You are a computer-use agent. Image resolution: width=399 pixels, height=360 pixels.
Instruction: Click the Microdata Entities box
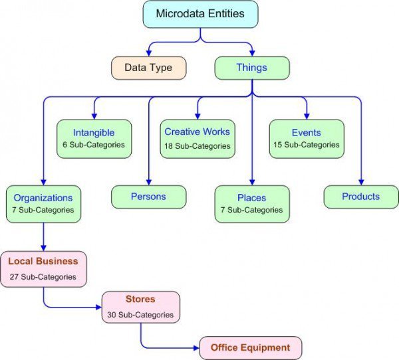click(x=200, y=14)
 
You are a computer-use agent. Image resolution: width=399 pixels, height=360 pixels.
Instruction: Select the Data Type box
click(x=148, y=68)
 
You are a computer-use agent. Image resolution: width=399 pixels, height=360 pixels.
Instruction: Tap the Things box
click(x=251, y=68)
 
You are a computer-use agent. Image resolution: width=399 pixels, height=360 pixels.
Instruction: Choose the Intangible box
click(x=94, y=138)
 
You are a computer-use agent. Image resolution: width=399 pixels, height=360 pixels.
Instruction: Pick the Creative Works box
click(x=198, y=138)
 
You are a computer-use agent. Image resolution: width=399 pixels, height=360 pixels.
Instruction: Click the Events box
click(x=306, y=138)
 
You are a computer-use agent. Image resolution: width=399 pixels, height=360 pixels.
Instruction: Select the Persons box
click(x=148, y=197)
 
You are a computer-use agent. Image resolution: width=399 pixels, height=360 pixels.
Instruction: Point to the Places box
click(x=251, y=203)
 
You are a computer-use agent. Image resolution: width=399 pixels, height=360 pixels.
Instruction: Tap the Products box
click(x=361, y=197)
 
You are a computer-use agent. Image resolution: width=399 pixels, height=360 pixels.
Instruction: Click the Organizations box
click(x=43, y=203)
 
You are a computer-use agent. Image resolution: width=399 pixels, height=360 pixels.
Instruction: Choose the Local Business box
click(x=43, y=268)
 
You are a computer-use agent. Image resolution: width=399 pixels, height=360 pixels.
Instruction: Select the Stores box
click(x=140, y=307)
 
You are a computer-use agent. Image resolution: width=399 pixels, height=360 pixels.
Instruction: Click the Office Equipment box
click(x=251, y=347)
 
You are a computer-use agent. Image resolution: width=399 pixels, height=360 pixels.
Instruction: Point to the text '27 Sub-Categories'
click(x=43, y=276)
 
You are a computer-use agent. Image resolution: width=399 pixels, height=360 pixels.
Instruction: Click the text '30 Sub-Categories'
click(x=140, y=314)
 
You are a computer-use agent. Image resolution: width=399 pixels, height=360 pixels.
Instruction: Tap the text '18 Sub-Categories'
click(x=198, y=146)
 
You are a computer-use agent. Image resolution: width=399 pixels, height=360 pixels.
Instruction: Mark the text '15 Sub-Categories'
click(x=306, y=145)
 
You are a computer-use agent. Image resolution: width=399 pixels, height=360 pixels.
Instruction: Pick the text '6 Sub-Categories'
click(x=94, y=145)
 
